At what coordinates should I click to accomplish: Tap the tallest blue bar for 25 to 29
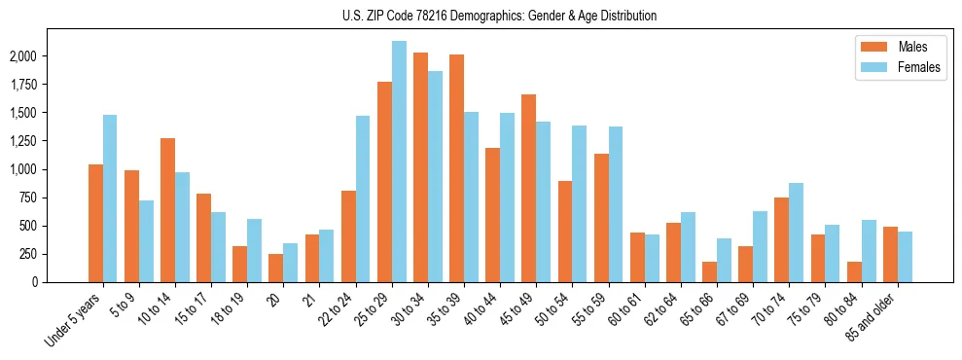coord(399,162)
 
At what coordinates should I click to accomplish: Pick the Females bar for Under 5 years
coord(110,198)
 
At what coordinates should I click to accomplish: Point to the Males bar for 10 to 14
coord(167,210)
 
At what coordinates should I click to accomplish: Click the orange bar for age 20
coord(276,268)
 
